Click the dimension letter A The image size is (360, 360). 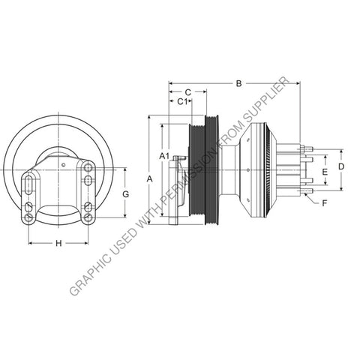pyautogui.click(x=150, y=178)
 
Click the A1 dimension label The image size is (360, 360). pyautogui.click(x=164, y=154)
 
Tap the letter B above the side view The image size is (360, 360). pyautogui.click(x=238, y=84)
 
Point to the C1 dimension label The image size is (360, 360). pyautogui.click(x=181, y=101)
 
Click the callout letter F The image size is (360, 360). pyautogui.click(x=324, y=203)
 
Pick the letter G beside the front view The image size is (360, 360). pyautogui.click(x=125, y=193)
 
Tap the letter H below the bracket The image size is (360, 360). pyautogui.click(x=58, y=242)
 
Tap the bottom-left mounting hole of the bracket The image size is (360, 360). pyautogui.click(x=28, y=218)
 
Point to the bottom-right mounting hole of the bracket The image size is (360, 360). pyautogui.click(x=88, y=218)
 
